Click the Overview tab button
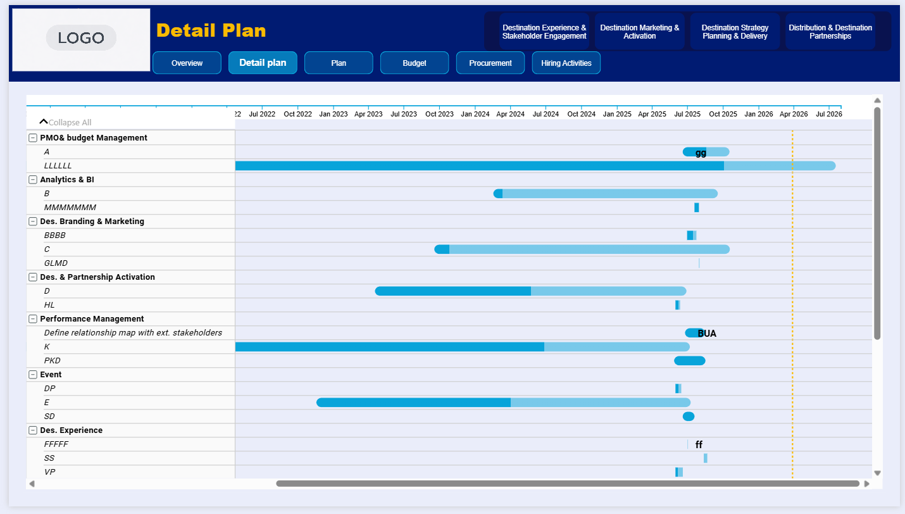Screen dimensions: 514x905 point(187,63)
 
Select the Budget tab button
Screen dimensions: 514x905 point(415,63)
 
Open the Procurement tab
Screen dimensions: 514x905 point(490,63)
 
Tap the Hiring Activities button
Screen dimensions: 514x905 point(566,63)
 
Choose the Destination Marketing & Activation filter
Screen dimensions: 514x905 point(640,32)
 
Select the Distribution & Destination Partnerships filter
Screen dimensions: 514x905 point(830,32)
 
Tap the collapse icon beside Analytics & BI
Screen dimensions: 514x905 point(33,180)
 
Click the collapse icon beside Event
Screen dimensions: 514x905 point(33,375)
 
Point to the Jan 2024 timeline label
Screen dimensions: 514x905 point(475,114)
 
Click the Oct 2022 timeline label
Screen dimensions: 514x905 point(298,114)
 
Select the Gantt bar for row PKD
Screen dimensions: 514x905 point(689,361)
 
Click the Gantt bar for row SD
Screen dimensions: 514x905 point(689,417)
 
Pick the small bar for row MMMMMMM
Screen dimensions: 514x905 point(697,208)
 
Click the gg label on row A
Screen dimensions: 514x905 point(701,153)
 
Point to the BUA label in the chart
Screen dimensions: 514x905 point(707,334)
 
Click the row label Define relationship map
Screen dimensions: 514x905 point(133,333)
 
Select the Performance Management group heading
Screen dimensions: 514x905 point(92,319)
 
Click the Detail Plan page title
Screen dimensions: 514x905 point(211,30)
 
